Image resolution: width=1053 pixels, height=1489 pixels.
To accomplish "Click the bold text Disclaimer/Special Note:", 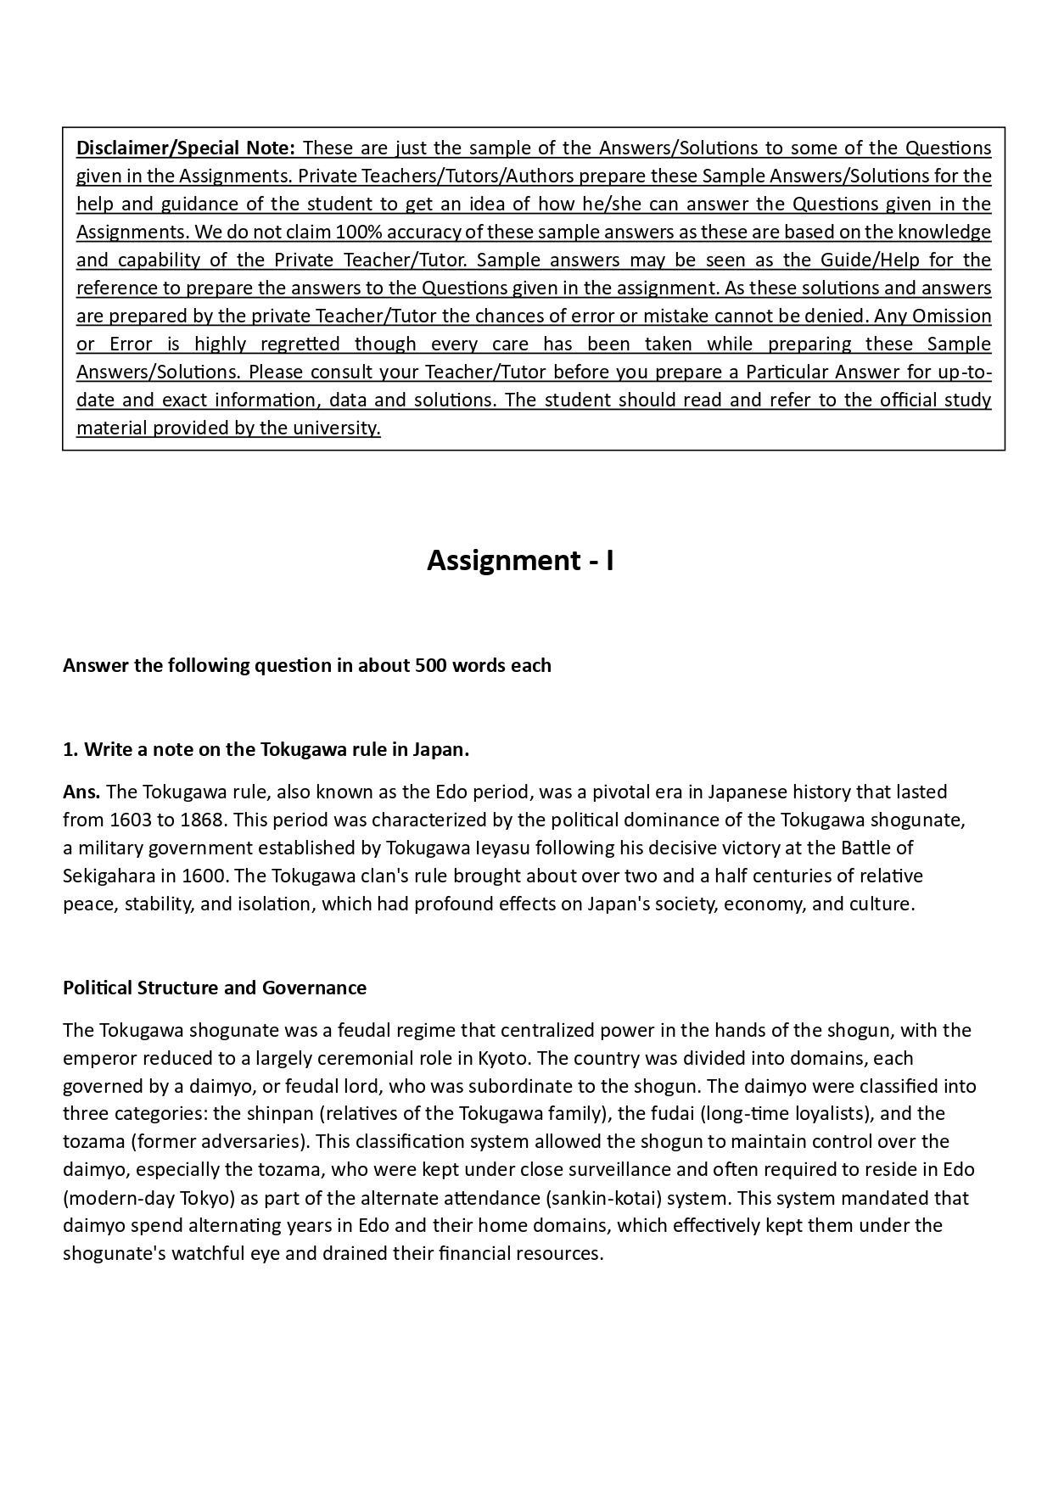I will click(x=186, y=148).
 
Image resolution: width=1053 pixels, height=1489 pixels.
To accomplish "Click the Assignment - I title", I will click(x=520, y=560).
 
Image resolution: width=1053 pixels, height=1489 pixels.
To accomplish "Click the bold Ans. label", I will click(x=81, y=792).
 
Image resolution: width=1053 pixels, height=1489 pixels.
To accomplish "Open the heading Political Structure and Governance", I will click(x=215, y=988).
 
